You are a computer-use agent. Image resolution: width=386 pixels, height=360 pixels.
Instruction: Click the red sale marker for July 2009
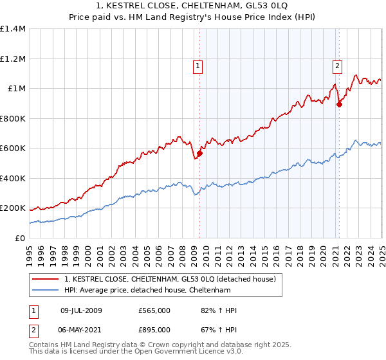click(200, 154)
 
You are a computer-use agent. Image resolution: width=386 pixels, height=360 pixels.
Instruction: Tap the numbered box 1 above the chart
click(198, 65)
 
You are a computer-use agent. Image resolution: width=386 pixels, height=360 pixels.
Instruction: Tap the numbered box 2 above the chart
click(337, 64)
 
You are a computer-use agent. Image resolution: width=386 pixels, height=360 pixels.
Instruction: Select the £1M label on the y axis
click(17, 89)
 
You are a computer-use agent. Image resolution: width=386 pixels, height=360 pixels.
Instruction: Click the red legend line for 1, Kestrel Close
click(45, 279)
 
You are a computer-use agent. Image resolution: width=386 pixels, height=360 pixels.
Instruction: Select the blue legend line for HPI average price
click(45, 290)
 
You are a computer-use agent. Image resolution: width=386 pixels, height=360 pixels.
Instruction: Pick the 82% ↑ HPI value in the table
click(219, 310)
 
